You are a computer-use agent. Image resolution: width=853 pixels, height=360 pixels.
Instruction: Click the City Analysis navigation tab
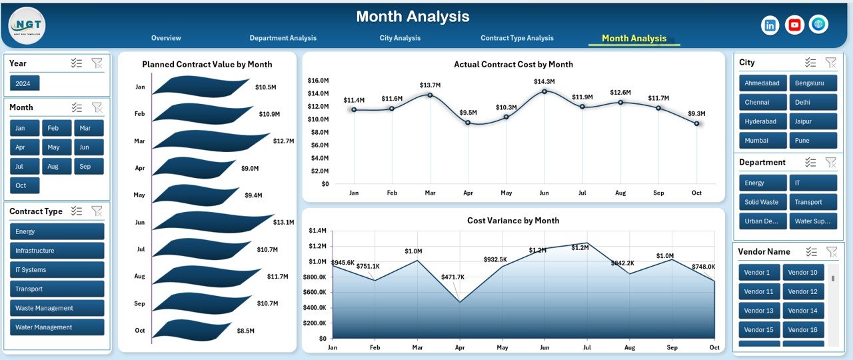400,38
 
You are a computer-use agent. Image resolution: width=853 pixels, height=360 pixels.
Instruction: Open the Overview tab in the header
166,38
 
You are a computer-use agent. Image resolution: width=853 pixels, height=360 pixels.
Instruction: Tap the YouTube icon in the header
794,25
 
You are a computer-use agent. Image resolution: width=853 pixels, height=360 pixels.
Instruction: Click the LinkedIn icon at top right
770,25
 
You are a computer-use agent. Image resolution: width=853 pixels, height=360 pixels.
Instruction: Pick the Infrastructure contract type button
57,251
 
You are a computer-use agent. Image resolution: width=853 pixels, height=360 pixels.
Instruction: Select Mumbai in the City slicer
756,141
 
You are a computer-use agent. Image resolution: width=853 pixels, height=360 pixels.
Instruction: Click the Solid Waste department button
761,202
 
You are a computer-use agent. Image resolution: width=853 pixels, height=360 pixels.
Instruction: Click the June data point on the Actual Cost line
544,91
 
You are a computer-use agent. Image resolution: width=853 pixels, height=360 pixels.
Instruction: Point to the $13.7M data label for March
430,85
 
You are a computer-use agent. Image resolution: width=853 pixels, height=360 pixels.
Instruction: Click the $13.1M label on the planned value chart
284,222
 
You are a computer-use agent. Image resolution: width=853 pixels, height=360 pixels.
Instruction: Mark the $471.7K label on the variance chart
453,277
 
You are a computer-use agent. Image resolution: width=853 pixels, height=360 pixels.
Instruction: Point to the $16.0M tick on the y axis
318,81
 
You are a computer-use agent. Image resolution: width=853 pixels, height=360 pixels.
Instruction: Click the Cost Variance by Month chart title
513,221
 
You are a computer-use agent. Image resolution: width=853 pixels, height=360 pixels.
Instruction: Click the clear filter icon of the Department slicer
830,162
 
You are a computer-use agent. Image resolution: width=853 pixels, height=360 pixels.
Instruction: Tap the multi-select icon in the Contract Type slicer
77,211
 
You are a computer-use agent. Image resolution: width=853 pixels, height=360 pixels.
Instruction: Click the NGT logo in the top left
27,25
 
